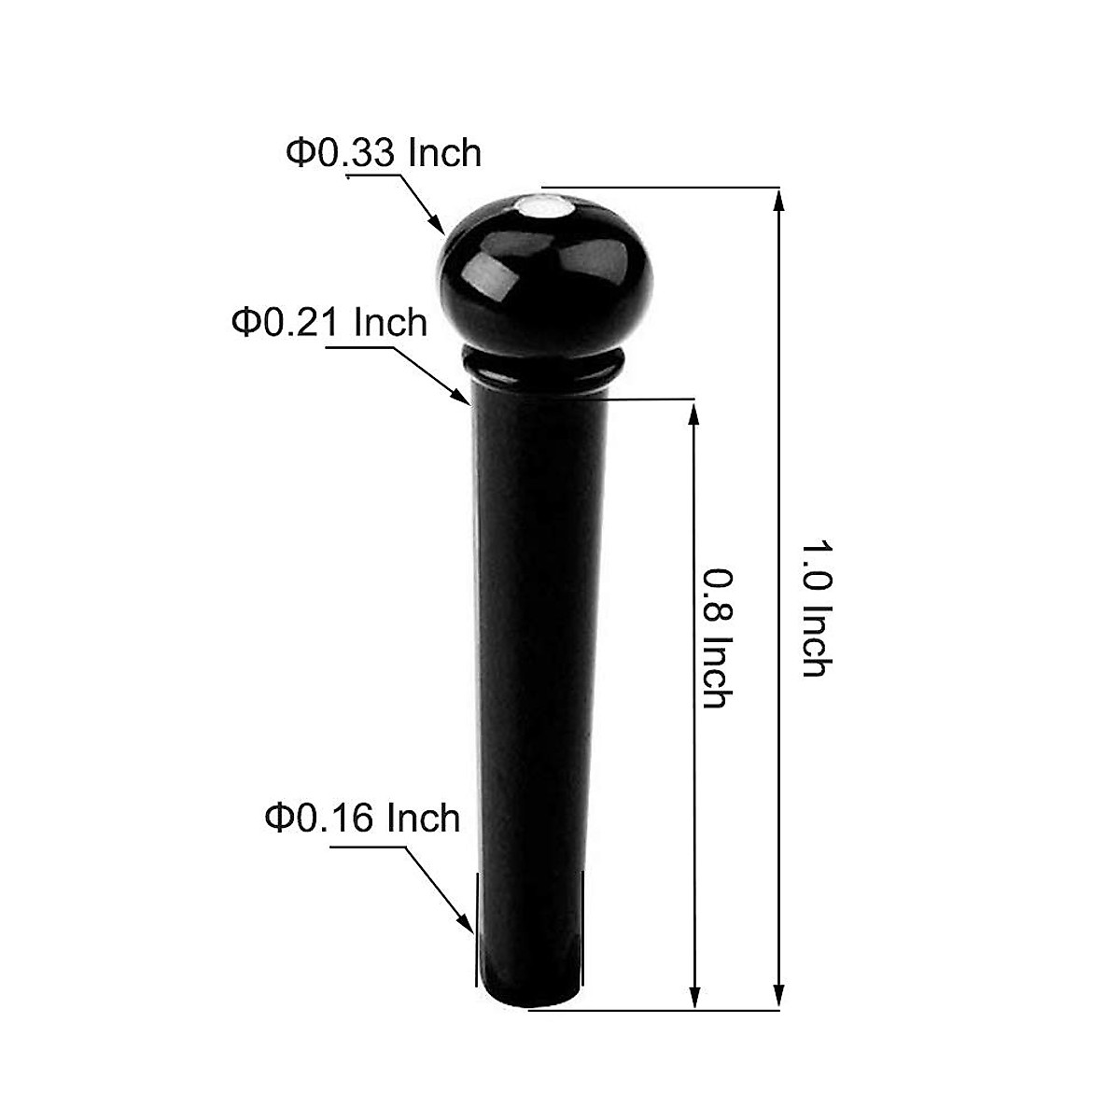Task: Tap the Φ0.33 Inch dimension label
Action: [384, 153]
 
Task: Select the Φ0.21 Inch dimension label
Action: [329, 323]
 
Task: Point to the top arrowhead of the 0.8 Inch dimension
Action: [693, 413]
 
